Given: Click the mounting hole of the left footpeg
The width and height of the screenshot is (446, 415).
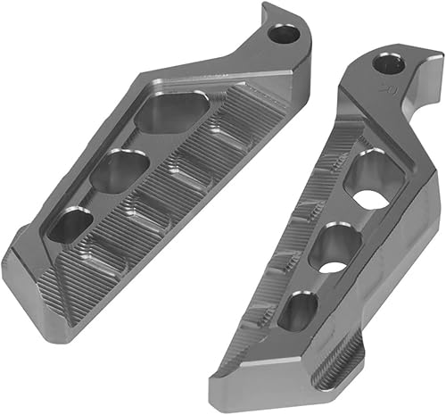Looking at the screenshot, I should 284,35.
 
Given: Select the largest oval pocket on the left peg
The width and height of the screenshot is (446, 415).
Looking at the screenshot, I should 173,111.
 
